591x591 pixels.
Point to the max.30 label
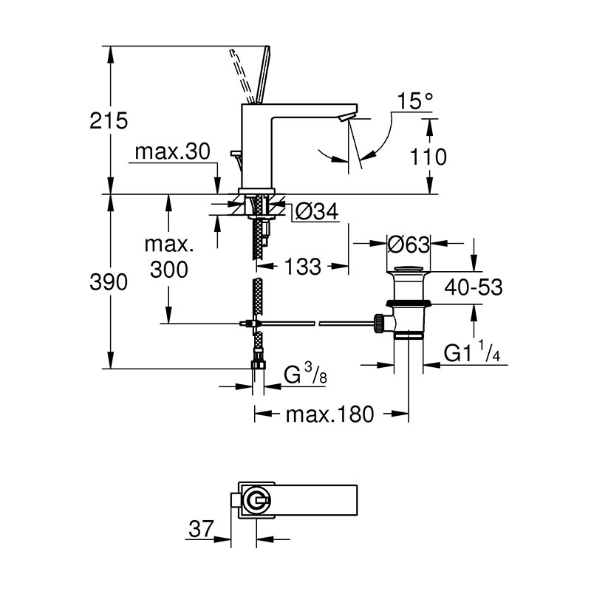174,152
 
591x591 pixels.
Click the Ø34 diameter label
315,213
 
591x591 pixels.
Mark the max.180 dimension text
332,414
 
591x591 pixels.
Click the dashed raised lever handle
244,74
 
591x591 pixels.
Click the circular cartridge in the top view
256,499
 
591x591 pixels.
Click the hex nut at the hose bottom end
258,363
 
